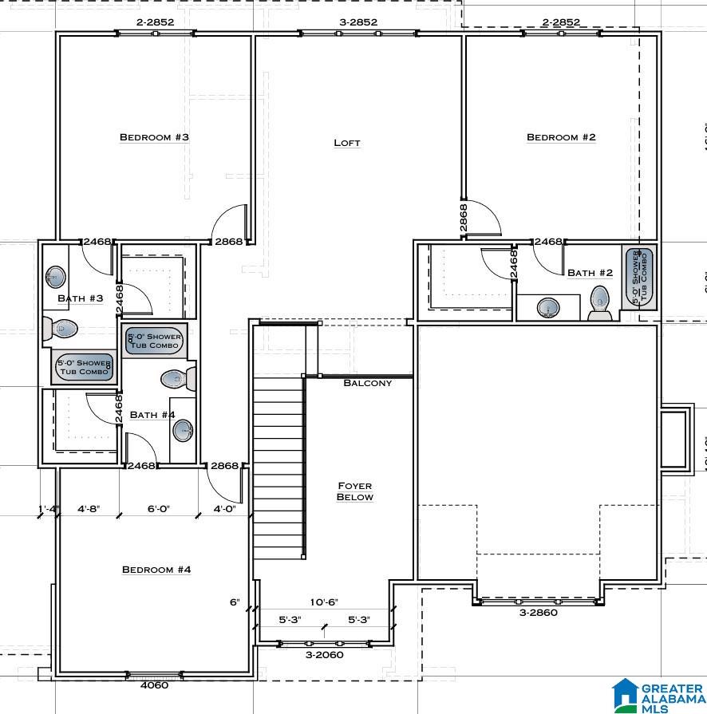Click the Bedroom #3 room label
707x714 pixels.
click(154, 137)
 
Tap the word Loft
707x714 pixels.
click(346, 143)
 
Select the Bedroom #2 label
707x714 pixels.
click(561, 137)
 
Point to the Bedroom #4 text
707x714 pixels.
click(156, 570)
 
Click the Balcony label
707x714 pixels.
click(367, 383)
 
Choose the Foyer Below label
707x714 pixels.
click(354, 491)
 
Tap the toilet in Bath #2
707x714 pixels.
click(600, 302)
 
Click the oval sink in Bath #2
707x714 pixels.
click(548, 307)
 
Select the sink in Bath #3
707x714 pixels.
click(55, 277)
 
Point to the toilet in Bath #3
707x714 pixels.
click(61, 327)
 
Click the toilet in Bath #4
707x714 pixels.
click(177, 380)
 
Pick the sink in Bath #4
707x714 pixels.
click(184, 431)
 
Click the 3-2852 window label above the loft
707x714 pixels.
click(357, 22)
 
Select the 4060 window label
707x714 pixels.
click(154, 684)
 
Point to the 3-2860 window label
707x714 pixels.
click(538, 613)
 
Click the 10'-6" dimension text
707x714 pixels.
click(324, 602)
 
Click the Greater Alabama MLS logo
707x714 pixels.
click(658, 695)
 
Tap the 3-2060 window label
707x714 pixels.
click(324, 655)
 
